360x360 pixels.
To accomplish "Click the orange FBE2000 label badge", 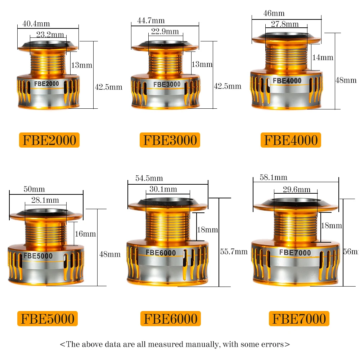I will pyautogui.click(x=49, y=140).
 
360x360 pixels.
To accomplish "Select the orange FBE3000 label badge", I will pyautogui.click(x=170, y=140).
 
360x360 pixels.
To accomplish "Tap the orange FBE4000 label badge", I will pyautogui.click(x=291, y=140).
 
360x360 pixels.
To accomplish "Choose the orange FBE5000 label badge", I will pyautogui.click(x=48, y=319).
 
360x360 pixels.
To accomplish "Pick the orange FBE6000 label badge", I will pyautogui.click(x=170, y=319).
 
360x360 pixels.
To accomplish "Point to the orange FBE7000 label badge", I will pyautogui.click(x=299, y=319).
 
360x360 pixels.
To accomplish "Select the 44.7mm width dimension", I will pyautogui.click(x=151, y=21).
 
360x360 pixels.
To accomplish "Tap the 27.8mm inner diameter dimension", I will pyautogui.click(x=285, y=24).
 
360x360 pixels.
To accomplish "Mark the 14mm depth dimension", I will pyautogui.click(x=323, y=58).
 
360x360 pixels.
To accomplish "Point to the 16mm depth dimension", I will pyautogui.click(x=85, y=234).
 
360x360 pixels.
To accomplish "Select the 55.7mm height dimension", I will pyautogui.click(x=234, y=252).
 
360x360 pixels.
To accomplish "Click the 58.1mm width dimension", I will pyautogui.click(x=273, y=177).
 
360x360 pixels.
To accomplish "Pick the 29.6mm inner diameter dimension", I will pyautogui.click(x=297, y=189).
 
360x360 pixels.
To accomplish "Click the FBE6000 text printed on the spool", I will pyautogui.click(x=161, y=253).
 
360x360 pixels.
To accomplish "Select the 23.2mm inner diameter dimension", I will pyautogui.click(x=50, y=35).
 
